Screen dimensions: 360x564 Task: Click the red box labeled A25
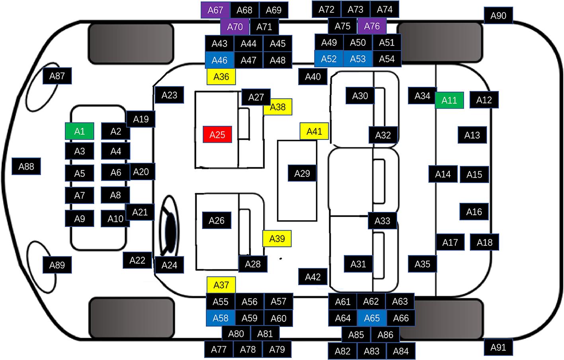click(x=217, y=135)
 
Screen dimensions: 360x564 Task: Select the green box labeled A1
click(x=80, y=131)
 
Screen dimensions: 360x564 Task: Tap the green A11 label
click(x=449, y=100)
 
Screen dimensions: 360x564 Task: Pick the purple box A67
click(x=215, y=10)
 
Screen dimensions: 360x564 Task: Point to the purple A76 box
click(x=372, y=26)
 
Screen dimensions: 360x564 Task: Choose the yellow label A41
click(x=314, y=131)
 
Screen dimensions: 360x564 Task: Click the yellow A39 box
click(x=277, y=239)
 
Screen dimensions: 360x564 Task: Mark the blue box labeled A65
click(x=372, y=318)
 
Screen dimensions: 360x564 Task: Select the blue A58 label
click(x=221, y=318)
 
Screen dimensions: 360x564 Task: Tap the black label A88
click(x=26, y=166)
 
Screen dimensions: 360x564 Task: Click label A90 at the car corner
click(x=498, y=16)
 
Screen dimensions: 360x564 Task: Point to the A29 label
click(x=302, y=173)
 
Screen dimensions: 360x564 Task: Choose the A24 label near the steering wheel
click(x=169, y=265)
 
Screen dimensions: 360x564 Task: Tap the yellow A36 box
click(x=221, y=76)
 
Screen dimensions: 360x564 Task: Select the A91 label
click(x=498, y=348)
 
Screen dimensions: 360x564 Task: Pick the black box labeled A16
click(x=474, y=212)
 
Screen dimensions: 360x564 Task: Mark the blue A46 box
click(x=219, y=60)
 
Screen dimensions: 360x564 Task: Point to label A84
click(x=400, y=351)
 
